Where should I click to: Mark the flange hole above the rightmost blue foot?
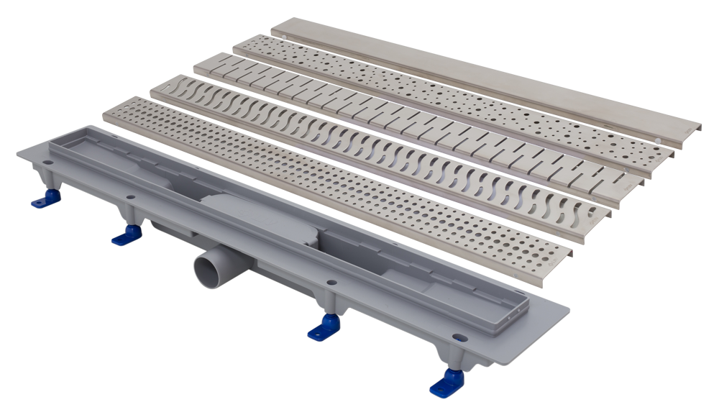click(x=458, y=337)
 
